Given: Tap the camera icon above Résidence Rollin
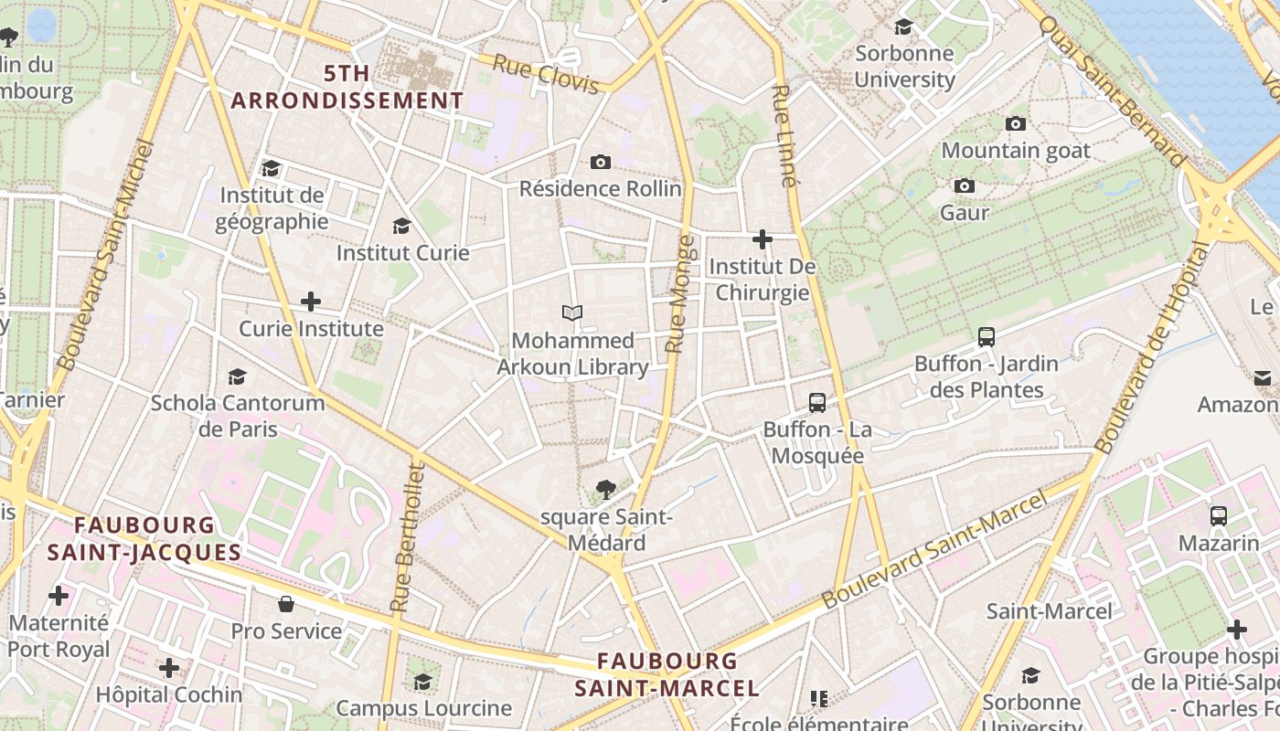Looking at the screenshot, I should (x=601, y=162).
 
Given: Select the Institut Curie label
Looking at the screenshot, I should (x=402, y=252).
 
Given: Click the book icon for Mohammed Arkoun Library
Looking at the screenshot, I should (x=572, y=313).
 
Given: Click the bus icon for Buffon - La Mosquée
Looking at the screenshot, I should (x=817, y=402).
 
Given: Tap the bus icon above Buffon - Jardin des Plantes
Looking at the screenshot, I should (x=987, y=336).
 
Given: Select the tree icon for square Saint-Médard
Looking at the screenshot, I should (x=604, y=490).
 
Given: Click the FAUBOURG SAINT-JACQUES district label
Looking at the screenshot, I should (x=144, y=539).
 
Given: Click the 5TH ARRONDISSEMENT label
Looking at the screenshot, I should (x=347, y=88).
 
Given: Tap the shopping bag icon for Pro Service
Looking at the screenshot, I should (x=286, y=604).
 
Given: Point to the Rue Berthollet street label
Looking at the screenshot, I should (x=408, y=537).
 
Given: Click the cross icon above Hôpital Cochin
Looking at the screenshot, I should (x=169, y=668).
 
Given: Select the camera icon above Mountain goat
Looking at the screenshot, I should (x=1016, y=123).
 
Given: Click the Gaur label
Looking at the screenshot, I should (x=965, y=213).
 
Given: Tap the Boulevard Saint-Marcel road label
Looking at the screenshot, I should (x=933, y=551).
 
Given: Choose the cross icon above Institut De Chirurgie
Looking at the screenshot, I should (x=763, y=239).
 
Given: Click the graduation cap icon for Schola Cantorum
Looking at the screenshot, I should (x=238, y=376).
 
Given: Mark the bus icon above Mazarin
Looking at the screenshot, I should (x=1219, y=516).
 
